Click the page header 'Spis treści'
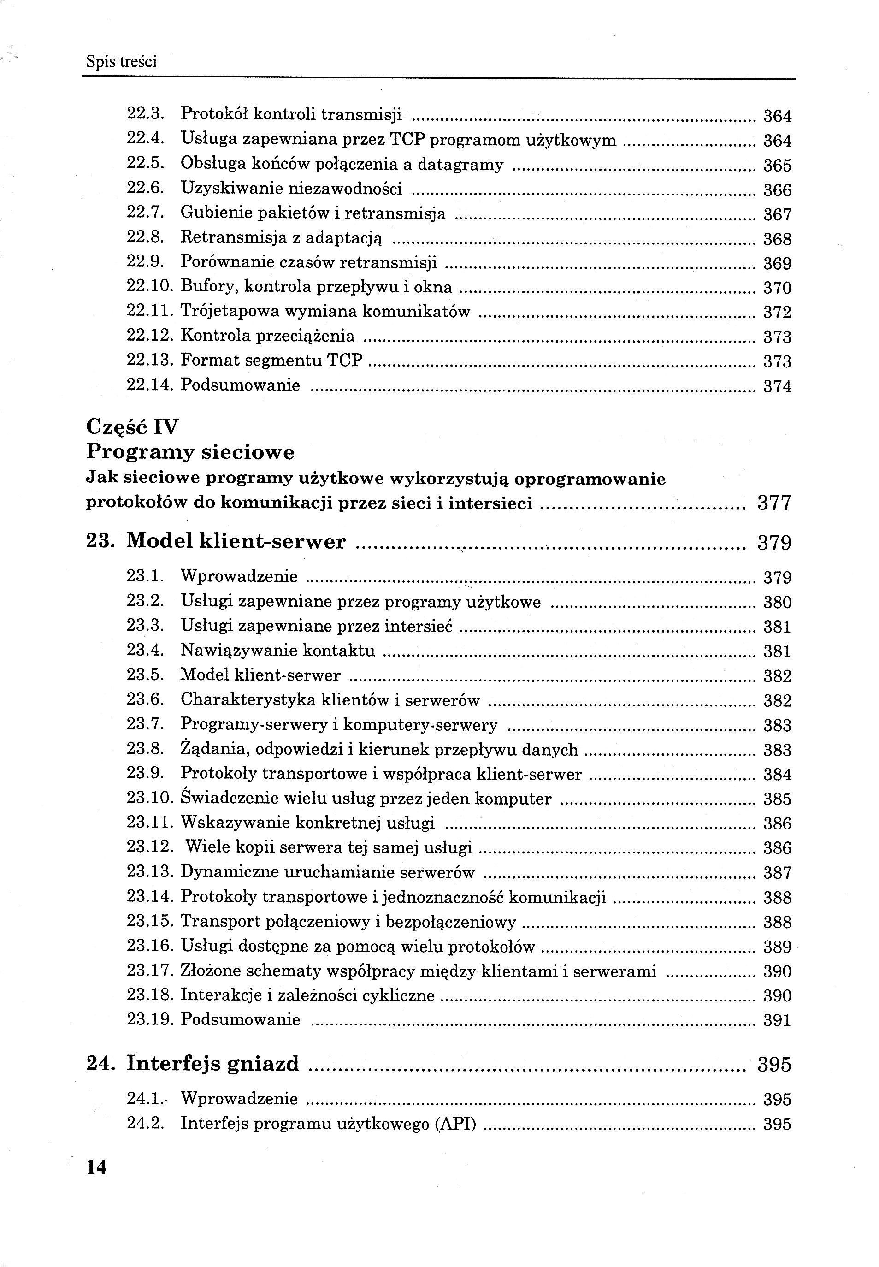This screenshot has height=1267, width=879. [121, 61]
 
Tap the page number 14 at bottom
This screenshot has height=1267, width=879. [96, 1167]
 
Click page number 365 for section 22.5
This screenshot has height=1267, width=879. [777, 165]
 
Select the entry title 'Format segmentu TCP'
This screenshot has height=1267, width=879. [271, 360]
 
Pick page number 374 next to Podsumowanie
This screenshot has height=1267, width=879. [777, 386]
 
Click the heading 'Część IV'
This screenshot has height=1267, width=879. [133, 427]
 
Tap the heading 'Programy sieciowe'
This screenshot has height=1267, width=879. [190, 453]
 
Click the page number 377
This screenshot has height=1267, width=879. [774, 503]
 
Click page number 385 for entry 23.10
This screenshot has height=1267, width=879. [777, 799]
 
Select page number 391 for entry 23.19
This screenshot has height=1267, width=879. [777, 1020]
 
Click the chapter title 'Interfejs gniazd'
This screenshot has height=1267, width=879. [212, 1064]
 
